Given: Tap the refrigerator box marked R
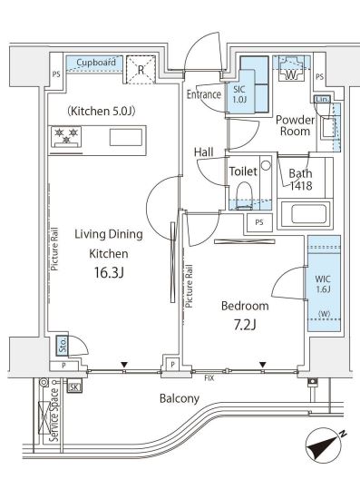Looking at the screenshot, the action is tap(141, 70).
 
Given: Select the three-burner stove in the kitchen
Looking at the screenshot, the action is tap(66, 137).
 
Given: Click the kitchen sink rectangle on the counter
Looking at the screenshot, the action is tap(126, 138).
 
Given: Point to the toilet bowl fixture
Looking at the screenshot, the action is tap(245, 195).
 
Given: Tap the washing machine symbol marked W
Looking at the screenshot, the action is tap(291, 69).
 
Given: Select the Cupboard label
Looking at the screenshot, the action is tap(96, 63).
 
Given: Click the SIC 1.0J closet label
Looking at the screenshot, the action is tap(239, 94).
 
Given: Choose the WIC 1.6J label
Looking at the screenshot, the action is tap(323, 284).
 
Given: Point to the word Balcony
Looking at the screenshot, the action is tap(180, 399).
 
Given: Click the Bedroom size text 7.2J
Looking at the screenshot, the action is tap(245, 325).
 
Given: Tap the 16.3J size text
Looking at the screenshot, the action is tap(109, 273).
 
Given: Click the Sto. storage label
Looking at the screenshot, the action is tap(63, 346).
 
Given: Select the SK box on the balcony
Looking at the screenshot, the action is tap(74, 387).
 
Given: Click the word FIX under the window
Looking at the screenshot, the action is tap(209, 378).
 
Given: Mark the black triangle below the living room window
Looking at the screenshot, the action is tap(124, 365).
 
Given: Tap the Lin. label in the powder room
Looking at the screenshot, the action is tap(322, 99).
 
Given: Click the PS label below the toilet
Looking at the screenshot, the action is tap(259, 222).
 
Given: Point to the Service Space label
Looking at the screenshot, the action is tap(54, 415).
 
